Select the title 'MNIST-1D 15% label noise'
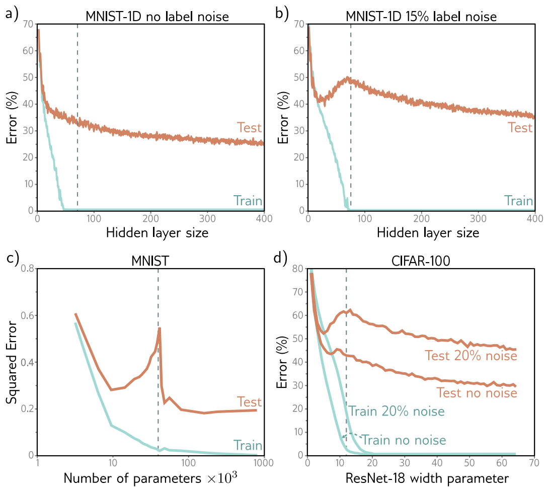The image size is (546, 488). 421,17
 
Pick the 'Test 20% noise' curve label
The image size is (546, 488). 471,356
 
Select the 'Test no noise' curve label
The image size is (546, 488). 476,392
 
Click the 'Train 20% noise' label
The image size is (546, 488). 397,411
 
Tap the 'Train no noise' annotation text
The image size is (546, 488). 404,440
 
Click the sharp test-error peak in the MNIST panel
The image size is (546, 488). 160,329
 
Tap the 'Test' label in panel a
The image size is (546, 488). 249,128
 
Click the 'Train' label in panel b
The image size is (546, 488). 518,201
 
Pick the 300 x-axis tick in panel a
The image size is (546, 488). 207,218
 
